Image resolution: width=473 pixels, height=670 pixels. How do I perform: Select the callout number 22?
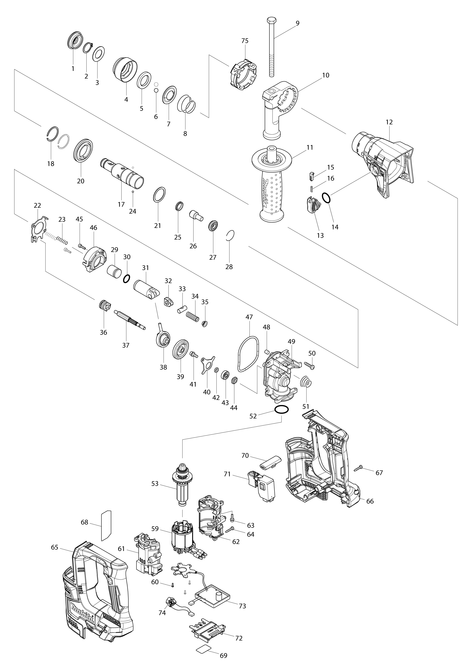(x=37, y=205)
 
